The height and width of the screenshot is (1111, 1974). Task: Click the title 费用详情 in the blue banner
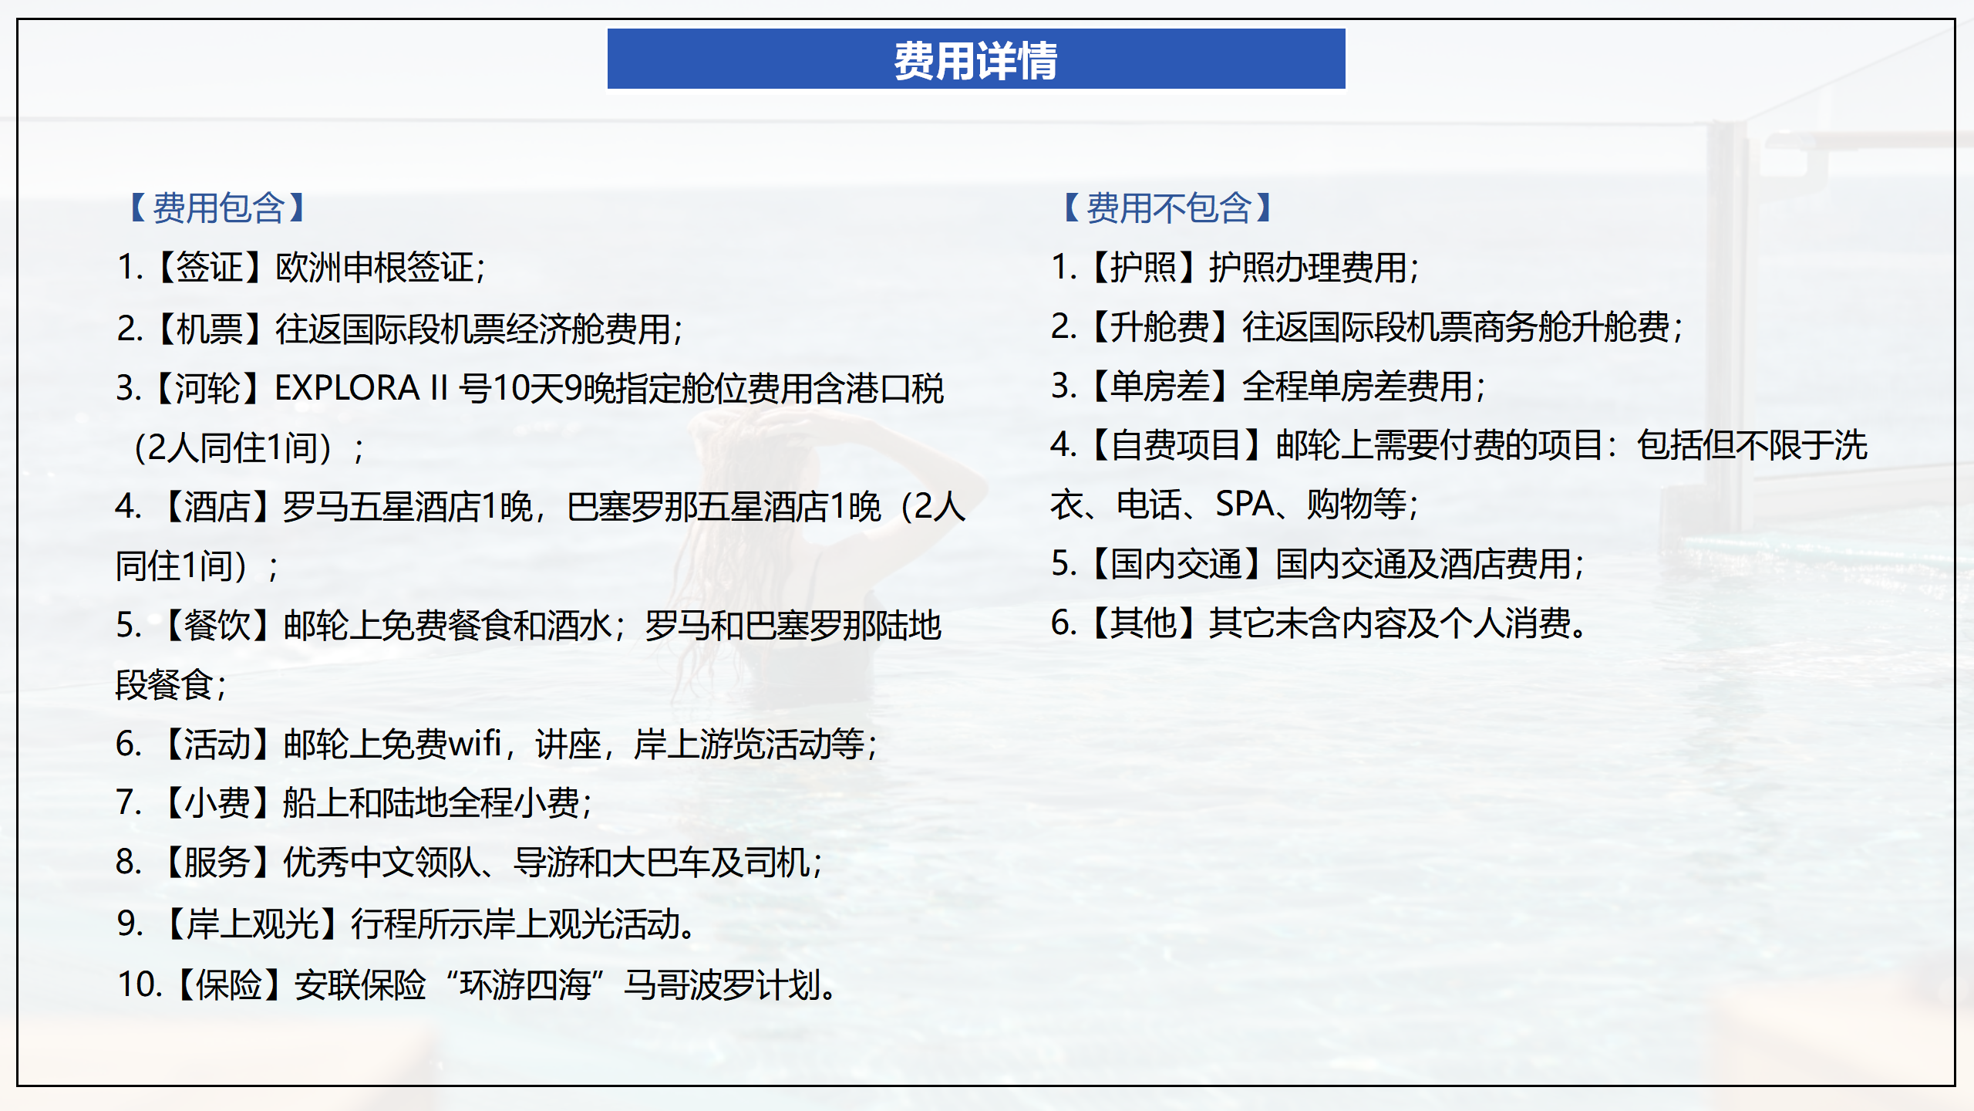pos(975,60)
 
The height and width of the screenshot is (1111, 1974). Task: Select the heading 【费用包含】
pos(219,208)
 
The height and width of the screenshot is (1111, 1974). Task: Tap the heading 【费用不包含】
pos(1169,208)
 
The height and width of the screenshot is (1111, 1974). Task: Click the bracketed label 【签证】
pos(209,268)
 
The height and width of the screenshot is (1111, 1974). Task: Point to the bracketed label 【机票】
pos(209,329)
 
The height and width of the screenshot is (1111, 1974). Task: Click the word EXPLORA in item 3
pos(347,388)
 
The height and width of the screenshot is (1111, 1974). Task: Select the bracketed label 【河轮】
pos(209,388)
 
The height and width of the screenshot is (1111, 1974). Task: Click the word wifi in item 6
pos(475,744)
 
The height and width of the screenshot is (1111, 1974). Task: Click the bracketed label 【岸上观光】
pos(252,924)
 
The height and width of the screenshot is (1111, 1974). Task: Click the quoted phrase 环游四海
pos(525,985)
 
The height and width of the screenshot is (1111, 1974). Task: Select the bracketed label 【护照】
pos(1143,268)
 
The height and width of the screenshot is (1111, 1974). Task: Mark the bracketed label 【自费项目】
pos(1177,445)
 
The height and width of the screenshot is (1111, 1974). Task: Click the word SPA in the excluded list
pos(1245,505)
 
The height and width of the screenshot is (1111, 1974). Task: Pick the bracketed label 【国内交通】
pos(1177,564)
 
